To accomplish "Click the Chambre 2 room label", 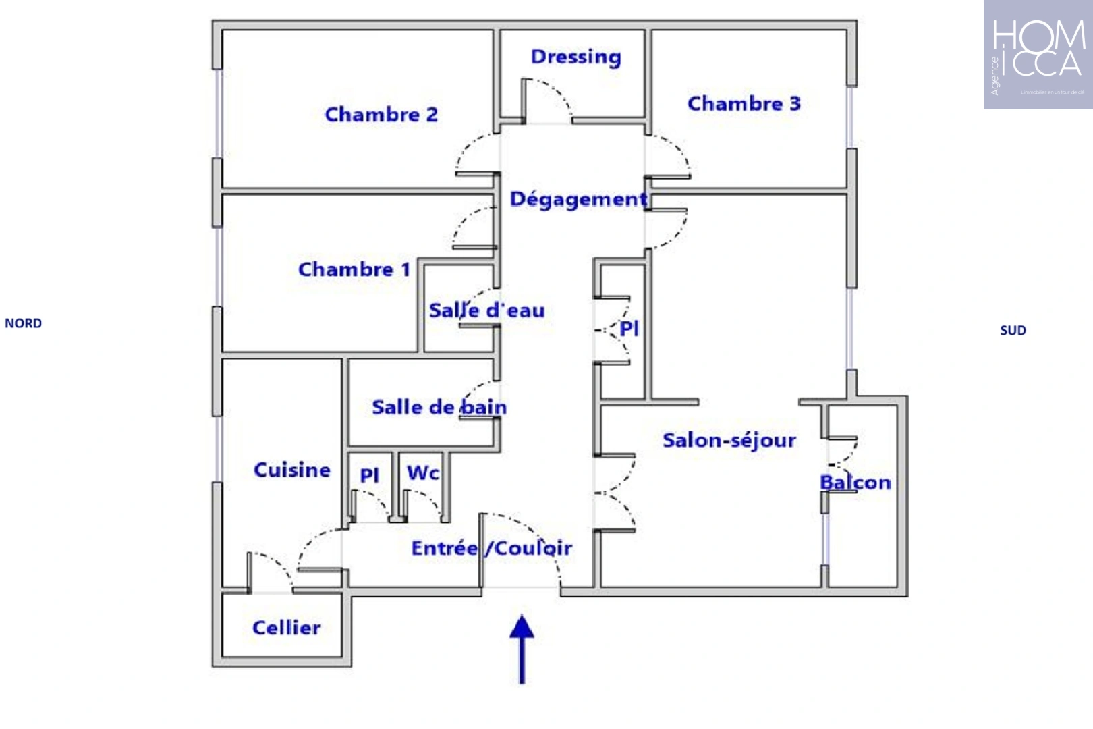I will tap(381, 115).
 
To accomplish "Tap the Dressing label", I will tap(576, 57).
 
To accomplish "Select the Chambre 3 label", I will tap(744, 103).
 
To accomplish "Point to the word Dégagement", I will tap(578, 199).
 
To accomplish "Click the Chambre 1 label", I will tap(354, 269).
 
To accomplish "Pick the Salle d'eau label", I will tap(486, 310).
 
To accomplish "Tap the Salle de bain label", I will tap(439, 407).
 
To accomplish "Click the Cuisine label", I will tap(292, 470).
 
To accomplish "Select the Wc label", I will tap(423, 473).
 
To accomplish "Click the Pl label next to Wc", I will tap(369, 475).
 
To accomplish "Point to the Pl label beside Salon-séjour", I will tap(629, 329).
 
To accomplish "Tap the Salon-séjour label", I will tap(729, 440).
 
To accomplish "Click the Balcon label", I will tap(856, 482).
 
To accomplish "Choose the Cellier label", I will tap(287, 628).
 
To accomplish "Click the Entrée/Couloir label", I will tap(492, 548).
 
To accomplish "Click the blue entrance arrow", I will tap(522, 648).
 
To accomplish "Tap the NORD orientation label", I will tap(24, 323).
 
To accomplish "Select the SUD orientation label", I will tap(1013, 330).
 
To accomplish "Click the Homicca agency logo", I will tap(1038, 55).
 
